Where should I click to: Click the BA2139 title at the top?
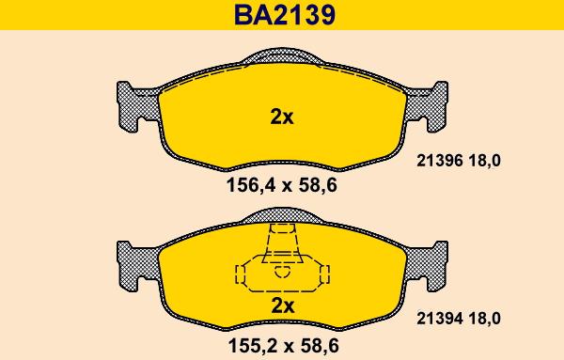click(283, 14)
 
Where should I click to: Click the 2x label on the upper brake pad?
click(282, 117)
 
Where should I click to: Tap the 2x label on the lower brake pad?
click(282, 305)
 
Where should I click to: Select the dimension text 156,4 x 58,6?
click(282, 185)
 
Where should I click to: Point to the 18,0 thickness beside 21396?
click(483, 161)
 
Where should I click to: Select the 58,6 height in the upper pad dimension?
click(318, 185)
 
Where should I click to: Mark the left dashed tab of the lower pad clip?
click(240, 274)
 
